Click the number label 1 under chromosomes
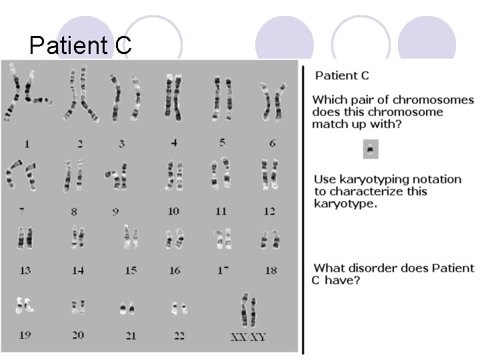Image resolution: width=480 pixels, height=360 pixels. click(27, 143)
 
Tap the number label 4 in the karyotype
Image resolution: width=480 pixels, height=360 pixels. click(174, 142)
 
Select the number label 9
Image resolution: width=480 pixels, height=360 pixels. click(115, 211)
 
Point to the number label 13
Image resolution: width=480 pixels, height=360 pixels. click(25, 270)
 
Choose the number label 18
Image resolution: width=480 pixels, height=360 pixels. click(271, 270)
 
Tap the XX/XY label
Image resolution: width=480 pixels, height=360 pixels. click(248, 337)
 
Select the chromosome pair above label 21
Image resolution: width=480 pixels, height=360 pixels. click(127, 308)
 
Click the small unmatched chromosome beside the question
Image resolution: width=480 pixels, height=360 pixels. click(371, 149)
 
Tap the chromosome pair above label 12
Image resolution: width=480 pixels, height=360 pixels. click(269, 175)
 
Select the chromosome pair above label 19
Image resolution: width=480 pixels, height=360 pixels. click(25, 305)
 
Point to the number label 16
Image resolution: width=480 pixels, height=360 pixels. click(174, 270)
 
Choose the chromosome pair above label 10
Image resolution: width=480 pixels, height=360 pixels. click(174, 175)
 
